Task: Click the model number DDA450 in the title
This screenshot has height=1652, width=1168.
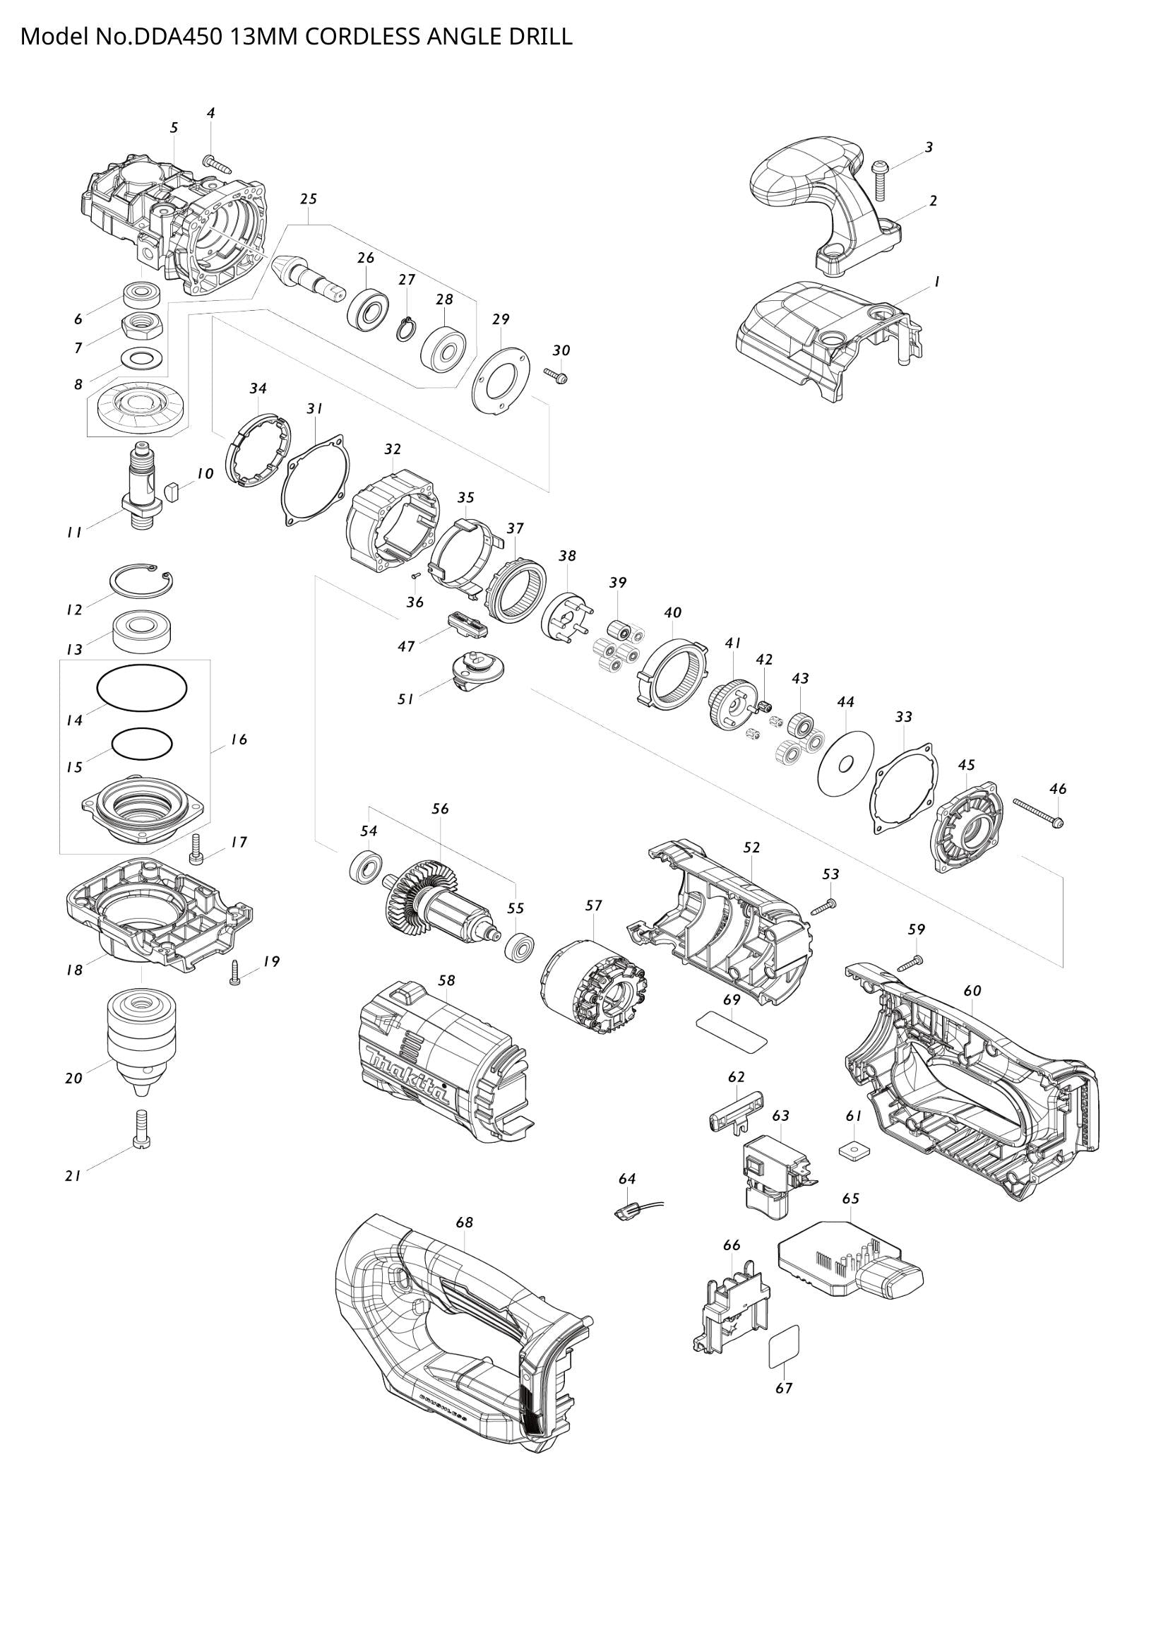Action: point(177,37)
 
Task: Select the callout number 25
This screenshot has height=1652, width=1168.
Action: point(309,198)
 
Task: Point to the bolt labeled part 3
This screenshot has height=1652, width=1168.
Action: point(881,179)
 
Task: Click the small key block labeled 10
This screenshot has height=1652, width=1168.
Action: point(171,492)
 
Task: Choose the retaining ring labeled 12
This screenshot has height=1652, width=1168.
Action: point(142,580)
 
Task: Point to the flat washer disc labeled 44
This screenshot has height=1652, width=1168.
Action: point(846,763)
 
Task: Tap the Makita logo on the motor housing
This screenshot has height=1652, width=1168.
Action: point(407,1080)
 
